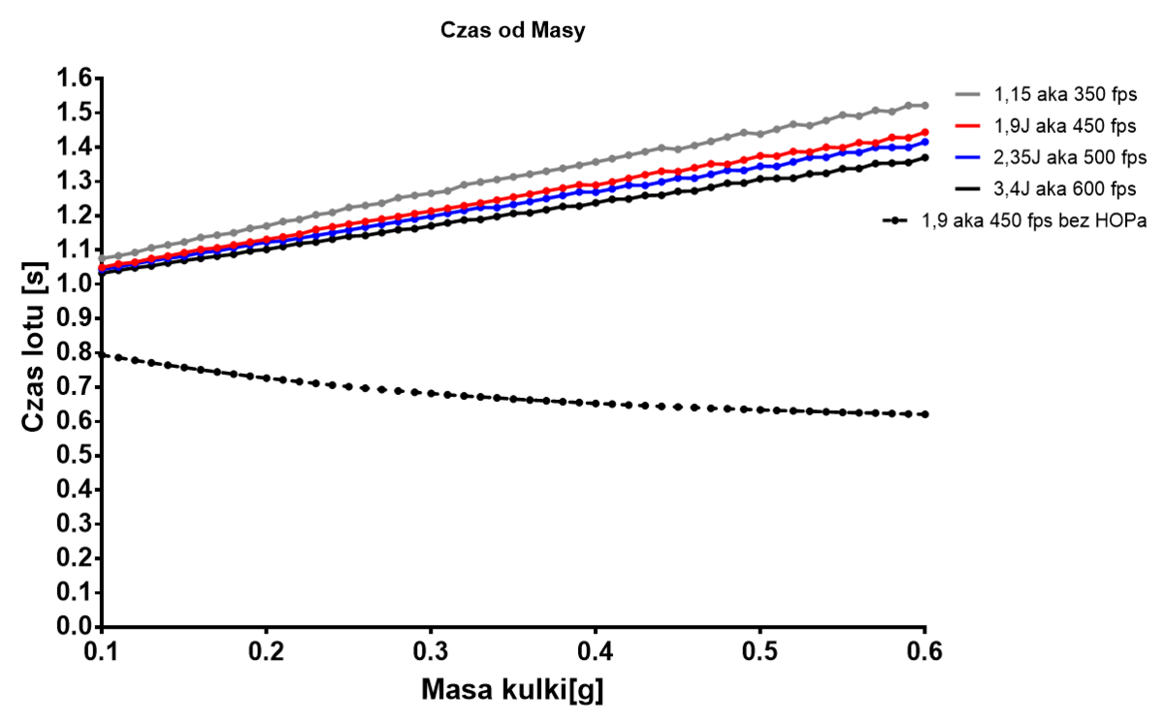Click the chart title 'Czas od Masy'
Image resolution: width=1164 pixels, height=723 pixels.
(513, 30)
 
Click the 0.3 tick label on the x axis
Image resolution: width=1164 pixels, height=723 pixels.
(431, 648)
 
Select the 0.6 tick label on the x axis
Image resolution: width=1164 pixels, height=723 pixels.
(924, 648)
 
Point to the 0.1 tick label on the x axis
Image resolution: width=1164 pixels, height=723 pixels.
(102, 648)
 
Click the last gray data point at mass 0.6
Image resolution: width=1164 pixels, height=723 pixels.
(925, 105)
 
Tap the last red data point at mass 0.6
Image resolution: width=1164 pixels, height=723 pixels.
(925, 132)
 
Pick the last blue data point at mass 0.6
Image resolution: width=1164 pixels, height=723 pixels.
(925, 142)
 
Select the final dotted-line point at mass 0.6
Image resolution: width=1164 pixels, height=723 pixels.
(925, 414)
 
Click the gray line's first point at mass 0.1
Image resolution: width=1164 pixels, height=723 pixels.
(102, 259)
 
